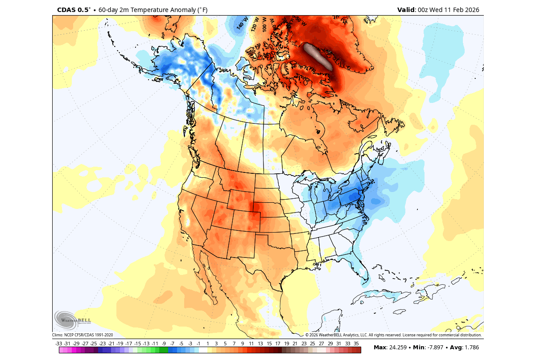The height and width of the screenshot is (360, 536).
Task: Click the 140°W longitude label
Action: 241,23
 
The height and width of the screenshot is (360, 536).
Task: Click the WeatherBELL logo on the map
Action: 72,319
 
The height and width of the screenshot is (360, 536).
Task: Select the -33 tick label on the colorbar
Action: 58,344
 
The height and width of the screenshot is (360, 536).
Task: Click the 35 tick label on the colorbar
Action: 356,344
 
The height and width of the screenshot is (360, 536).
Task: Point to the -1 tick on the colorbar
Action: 198,344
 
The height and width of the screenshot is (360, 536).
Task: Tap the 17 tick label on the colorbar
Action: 277,344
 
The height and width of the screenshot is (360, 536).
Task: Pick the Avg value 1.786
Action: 473,348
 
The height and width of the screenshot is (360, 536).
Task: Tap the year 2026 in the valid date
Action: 471,10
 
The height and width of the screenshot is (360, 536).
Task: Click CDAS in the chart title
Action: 66,10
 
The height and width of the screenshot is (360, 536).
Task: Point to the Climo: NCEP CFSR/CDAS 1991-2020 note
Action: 82,335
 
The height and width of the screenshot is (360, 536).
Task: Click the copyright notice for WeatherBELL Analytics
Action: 393,335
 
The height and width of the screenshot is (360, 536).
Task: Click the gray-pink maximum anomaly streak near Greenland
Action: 318,57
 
